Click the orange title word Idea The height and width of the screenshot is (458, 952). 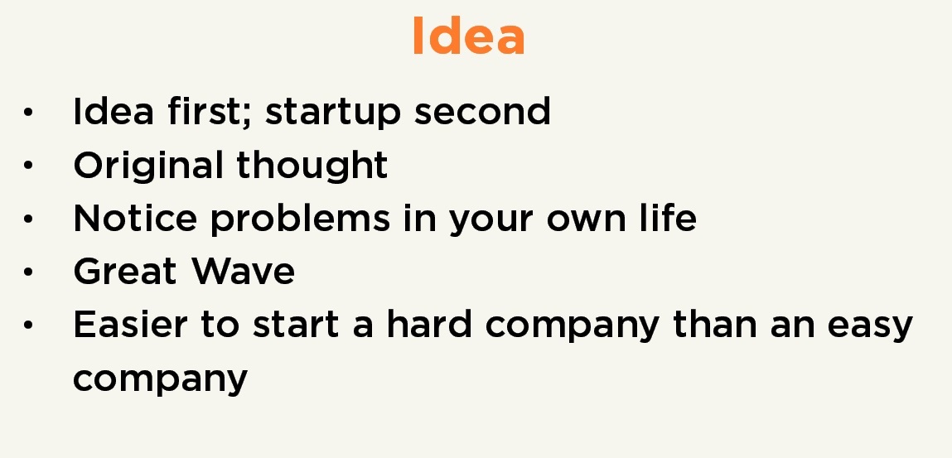(468, 38)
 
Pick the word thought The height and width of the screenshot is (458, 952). (312, 166)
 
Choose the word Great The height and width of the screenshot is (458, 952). (125, 272)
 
